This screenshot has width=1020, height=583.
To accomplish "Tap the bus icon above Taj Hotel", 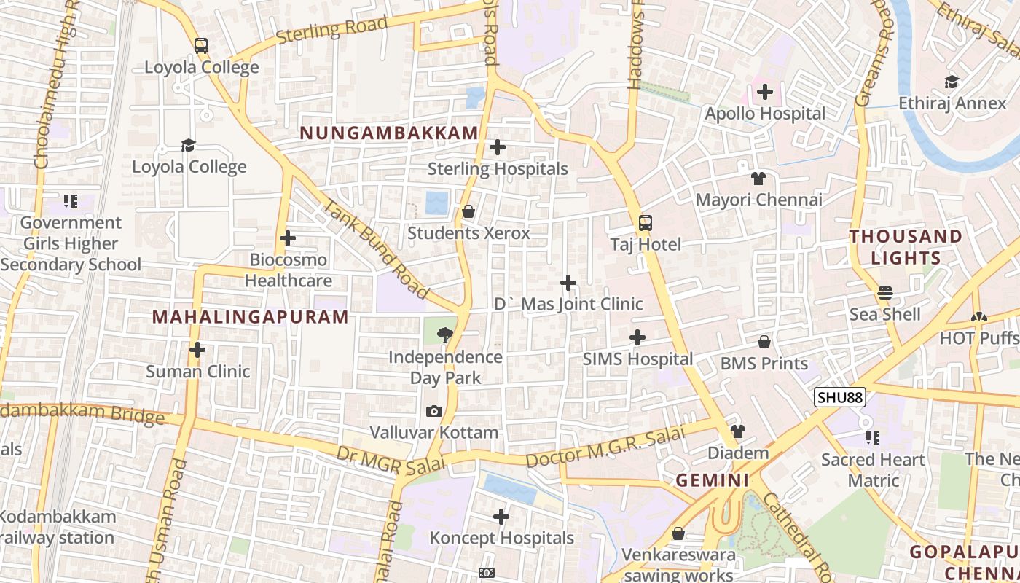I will pos(646,223).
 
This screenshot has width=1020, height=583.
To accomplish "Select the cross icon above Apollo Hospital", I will pos(764,92).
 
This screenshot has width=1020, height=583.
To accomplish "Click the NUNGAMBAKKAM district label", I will pos(389,133).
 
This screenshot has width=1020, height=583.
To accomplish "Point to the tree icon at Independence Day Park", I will pos(444,335).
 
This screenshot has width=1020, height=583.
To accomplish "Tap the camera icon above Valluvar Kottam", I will pos(434,411).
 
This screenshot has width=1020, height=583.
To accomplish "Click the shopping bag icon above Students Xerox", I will pos(468,211).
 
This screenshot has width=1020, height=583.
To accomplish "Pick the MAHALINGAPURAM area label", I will pos(251,317).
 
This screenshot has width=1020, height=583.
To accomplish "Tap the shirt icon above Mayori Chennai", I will pos(758,178).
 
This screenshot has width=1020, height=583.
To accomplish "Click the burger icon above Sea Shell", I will pos(885,293).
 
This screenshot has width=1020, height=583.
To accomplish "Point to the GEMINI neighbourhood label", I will pos(712,480).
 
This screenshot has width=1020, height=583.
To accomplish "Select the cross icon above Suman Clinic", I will pos(197,350).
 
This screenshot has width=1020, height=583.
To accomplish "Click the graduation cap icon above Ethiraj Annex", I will pos(952,82).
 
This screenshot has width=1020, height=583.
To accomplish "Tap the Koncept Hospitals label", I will pos(501,539).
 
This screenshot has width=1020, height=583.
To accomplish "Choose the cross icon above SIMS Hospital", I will pos(637,337).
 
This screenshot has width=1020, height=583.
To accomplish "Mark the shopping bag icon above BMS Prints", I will pos(764,342).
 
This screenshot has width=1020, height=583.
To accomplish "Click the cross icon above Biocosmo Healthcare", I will pos(288,238).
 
